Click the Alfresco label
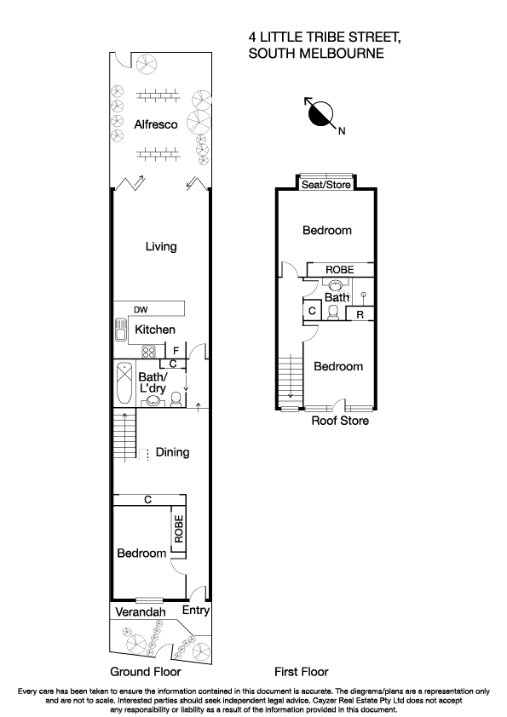pyautogui.click(x=155, y=124)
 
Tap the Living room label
pyautogui.click(x=160, y=247)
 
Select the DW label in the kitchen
pyautogui.click(x=141, y=309)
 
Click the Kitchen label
pyautogui.click(x=154, y=330)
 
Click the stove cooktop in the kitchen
pyautogui.click(x=147, y=350)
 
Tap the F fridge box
pyautogui.click(x=176, y=350)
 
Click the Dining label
pyautogui.click(x=172, y=452)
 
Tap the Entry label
pyautogui.click(x=195, y=611)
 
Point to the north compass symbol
pyautogui.click(x=321, y=114)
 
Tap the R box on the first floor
pyautogui.click(x=361, y=314)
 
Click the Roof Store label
pyautogui.click(x=339, y=421)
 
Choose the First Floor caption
pyautogui.click(x=301, y=671)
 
